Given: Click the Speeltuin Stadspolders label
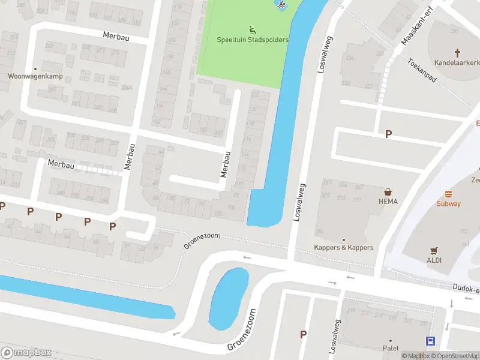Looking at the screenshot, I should point(253,40).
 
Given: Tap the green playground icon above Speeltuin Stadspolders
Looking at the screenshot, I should point(253,29).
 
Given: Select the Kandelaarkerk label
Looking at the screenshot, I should point(457,62).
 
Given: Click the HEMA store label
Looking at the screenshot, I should point(388,202).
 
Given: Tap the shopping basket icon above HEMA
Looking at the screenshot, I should point(388,192).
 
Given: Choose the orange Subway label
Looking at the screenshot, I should point(448,203).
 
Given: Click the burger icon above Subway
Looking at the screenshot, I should point(448,194).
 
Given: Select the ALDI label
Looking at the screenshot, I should point(434,260).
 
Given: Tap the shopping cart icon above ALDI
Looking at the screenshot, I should point(434,251).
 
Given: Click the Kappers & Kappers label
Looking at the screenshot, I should point(344,247).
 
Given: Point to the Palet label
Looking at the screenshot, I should point(391,348).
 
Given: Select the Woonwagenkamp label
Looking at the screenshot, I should point(35,76).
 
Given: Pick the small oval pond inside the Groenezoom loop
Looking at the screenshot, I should point(228,298).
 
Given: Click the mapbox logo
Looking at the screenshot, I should point(26,352).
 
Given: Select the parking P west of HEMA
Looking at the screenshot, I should point(389,134).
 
